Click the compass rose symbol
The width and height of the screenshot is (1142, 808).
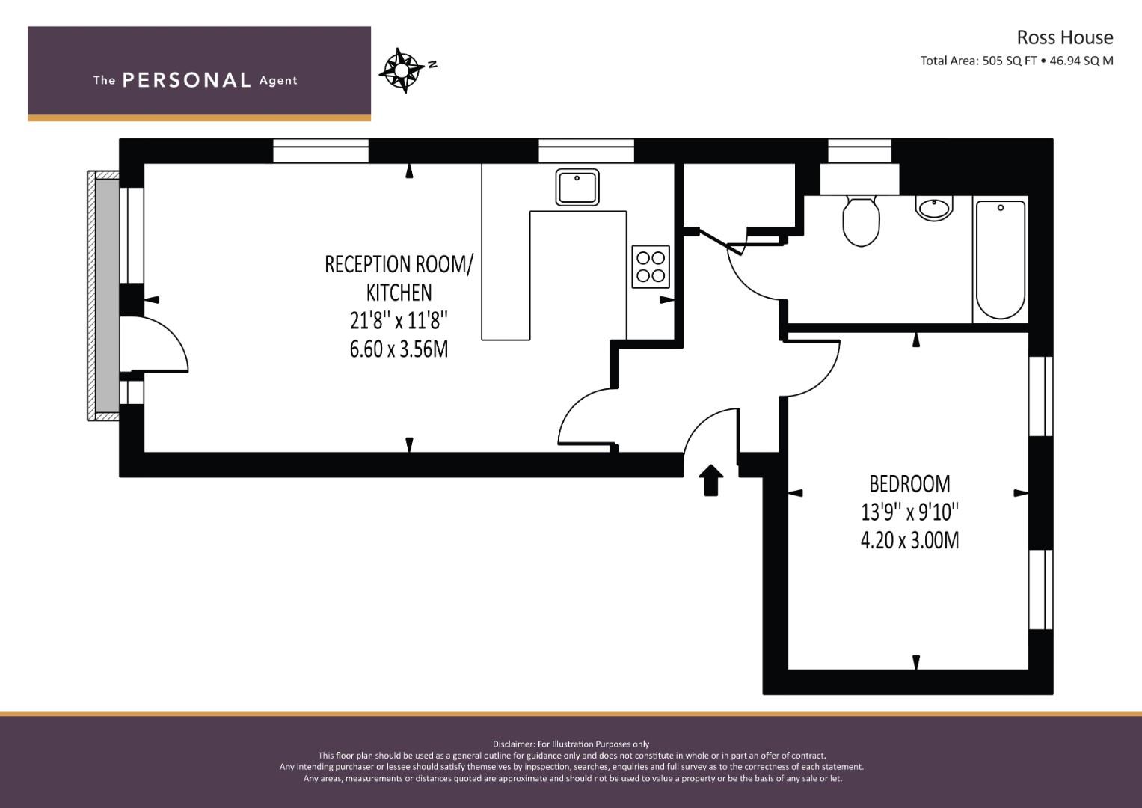pyautogui.click(x=402, y=70)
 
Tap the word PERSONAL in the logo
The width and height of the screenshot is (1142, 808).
pyautogui.click(x=187, y=80)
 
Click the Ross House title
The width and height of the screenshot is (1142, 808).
pyautogui.click(x=1065, y=37)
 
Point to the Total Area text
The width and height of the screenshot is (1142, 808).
pyautogui.click(x=1016, y=61)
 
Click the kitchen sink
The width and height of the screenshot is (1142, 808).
pyautogui.click(x=577, y=187)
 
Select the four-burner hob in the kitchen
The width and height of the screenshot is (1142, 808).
pyautogui.click(x=651, y=267)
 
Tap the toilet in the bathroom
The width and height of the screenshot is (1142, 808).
pyautogui.click(x=861, y=221)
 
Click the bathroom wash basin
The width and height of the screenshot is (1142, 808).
pyautogui.click(x=935, y=208)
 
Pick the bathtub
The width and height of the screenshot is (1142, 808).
pyautogui.click(x=1000, y=260)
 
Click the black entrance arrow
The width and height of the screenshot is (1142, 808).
pyautogui.click(x=710, y=480)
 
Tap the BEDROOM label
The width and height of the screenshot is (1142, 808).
pyautogui.click(x=909, y=484)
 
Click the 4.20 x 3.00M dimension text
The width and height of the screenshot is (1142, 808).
pyautogui.click(x=909, y=540)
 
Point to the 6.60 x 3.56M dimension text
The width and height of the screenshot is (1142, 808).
pyautogui.click(x=399, y=349)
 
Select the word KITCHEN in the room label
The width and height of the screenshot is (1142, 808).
pyautogui.click(x=399, y=293)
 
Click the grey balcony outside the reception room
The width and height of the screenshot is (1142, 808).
pyautogui.click(x=108, y=296)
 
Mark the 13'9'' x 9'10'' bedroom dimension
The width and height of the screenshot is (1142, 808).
pyautogui.click(x=909, y=512)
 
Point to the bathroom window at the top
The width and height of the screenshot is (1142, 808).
pyautogui.click(x=859, y=151)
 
